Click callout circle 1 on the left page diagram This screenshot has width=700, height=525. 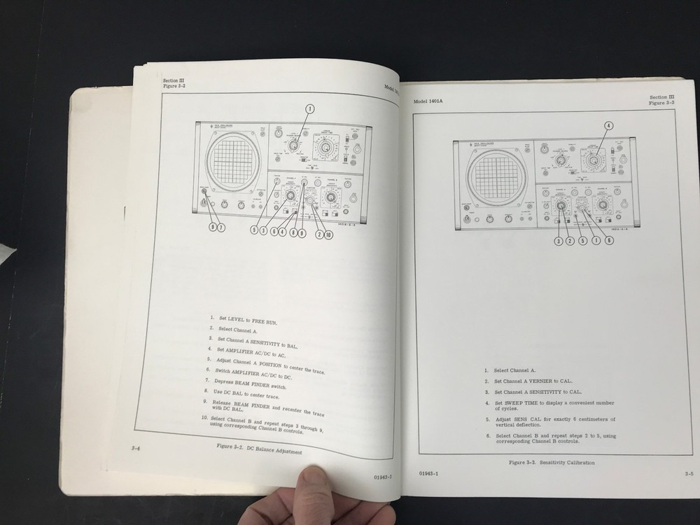click(310, 108)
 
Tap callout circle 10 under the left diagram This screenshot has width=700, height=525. click(328, 234)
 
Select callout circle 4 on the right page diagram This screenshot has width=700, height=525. click(608, 126)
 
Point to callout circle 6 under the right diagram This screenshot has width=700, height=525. click(609, 241)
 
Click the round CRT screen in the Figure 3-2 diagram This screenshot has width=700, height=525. click(232, 160)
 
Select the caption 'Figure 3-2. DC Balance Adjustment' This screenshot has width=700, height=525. click(258, 449)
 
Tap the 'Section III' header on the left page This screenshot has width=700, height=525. click(175, 81)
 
